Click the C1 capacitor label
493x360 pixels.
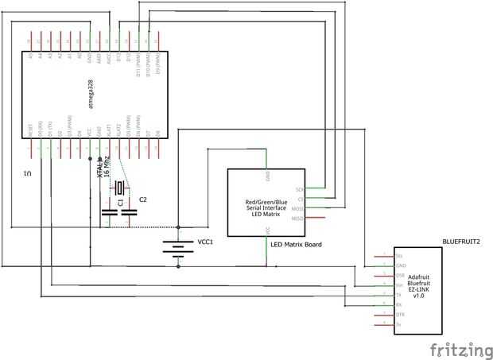120,203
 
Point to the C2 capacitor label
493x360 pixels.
143,199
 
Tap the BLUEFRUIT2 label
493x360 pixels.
461,238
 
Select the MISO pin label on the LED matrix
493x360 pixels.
298,218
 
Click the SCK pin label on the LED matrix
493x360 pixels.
300,190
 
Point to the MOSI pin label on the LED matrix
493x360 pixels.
298,208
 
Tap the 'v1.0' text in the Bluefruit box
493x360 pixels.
419,297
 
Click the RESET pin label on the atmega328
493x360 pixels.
30,130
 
